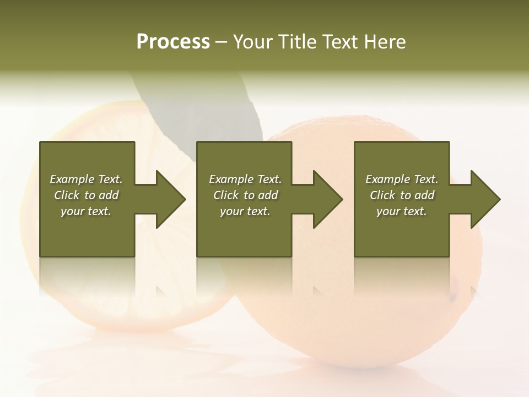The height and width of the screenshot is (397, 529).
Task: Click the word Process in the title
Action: tap(173, 42)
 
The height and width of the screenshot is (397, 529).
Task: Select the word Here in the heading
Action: tap(385, 42)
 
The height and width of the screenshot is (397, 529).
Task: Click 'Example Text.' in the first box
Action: tap(86, 179)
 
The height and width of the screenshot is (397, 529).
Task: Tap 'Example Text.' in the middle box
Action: tap(245, 179)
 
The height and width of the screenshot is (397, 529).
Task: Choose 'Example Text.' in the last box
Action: tap(402, 179)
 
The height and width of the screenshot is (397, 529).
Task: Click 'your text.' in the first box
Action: tap(86, 211)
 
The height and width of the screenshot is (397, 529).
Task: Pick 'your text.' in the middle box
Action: tap(245, 211)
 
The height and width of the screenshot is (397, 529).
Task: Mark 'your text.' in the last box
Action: tap(402, 211)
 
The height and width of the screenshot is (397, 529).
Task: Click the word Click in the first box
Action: tap(67, 195)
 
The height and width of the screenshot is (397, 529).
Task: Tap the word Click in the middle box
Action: tap(226, 195)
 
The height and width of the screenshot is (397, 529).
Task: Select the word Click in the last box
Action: tap(382, 195)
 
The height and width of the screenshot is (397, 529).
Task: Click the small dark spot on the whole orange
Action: tap(453, 298)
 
